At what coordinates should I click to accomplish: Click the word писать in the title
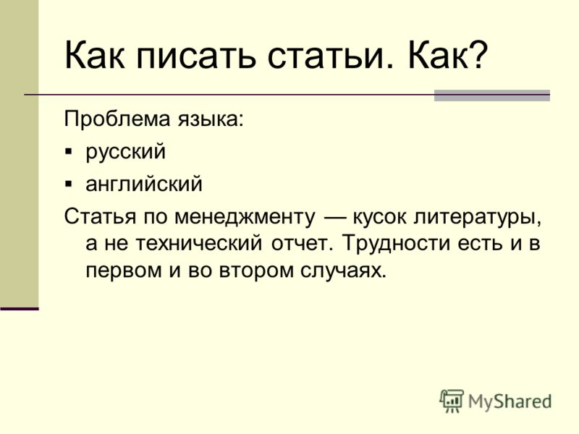pos(196,56)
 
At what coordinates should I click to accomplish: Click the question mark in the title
pos(479,55)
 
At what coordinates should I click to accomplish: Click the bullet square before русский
pos(69,152)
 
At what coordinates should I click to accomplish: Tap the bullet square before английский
pos(69,184)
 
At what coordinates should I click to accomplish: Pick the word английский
pos(144,184)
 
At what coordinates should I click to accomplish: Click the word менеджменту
pos(245,217)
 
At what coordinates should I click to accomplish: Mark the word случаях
pos(343,271)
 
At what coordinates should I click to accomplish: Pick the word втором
pos(256,271)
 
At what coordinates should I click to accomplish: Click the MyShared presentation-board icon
pos(451,401)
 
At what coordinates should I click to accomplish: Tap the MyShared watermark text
pos(510,401)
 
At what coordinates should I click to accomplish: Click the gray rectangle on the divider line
pos(492,95)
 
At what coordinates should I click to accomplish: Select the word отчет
pos(300,244)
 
